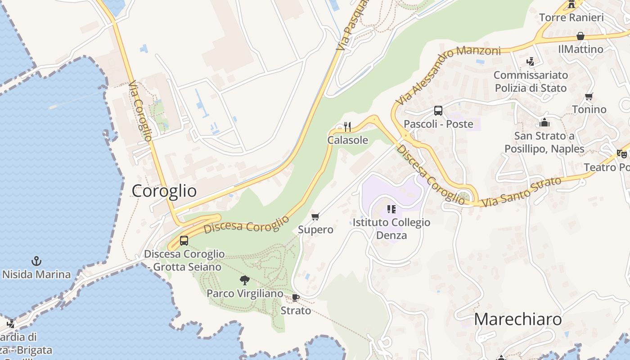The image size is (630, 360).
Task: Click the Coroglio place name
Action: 164,191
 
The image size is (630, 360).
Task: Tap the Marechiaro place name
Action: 517,319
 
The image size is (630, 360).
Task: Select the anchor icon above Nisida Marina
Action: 36,261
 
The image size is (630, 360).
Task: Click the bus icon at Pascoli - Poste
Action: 438,111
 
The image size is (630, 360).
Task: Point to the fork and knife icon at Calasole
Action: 347,127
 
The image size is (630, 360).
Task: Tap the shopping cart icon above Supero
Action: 315,217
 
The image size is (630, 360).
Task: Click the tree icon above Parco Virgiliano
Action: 245,280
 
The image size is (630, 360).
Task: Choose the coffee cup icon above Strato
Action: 296,297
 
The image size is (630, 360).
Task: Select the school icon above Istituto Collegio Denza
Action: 391,209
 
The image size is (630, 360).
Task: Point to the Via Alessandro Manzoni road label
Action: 448,75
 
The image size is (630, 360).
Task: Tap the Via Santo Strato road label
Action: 522,192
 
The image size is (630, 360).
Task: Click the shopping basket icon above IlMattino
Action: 580,36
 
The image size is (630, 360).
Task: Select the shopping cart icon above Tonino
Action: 589,96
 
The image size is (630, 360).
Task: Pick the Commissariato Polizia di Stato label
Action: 531,81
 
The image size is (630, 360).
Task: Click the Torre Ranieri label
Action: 571,18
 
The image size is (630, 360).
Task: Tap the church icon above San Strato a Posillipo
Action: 544,122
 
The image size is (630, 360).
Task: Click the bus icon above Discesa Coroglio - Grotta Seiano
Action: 184,241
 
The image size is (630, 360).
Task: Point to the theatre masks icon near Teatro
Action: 622,154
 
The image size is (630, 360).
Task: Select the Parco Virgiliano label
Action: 245,293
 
